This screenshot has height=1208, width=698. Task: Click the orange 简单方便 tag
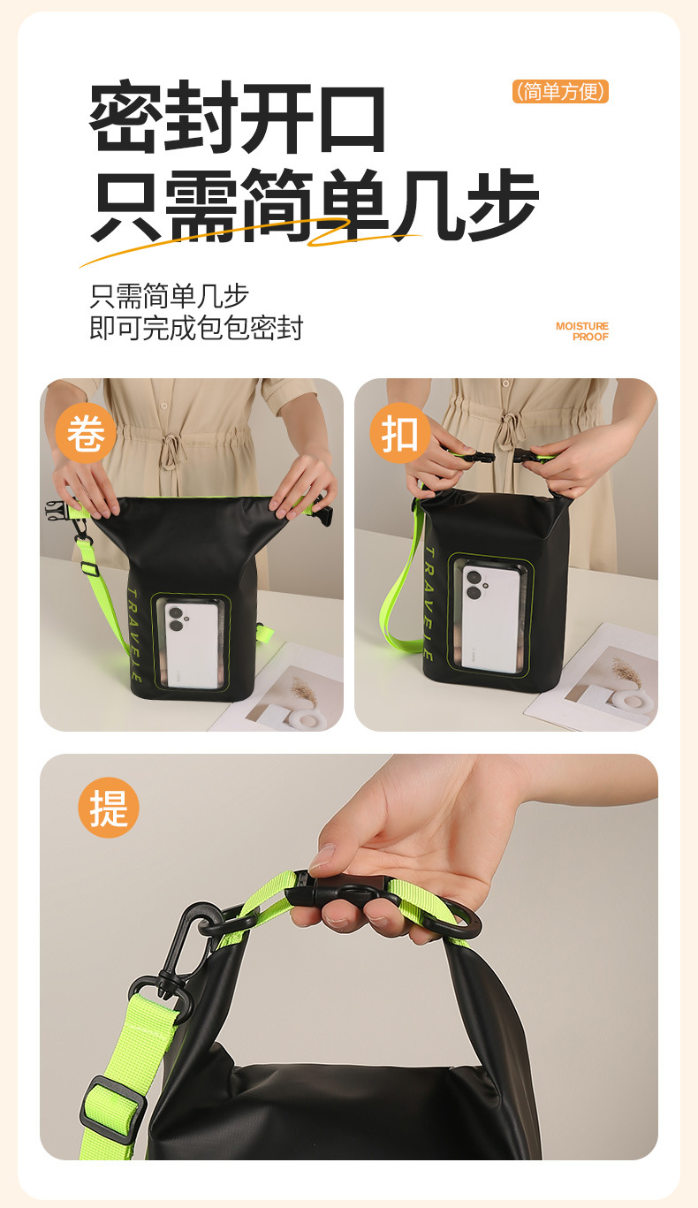[560, 92]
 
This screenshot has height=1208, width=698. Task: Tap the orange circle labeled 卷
[86, 434]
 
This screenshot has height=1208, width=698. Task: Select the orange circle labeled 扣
[400, 434]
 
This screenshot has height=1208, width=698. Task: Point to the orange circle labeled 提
[109, 808]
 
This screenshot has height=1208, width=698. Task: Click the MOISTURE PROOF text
[582, 331]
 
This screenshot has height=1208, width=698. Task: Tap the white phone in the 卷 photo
[192, 645]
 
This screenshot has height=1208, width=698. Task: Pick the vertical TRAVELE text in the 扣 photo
[429, 603]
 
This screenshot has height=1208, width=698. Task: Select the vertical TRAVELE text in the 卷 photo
[134, 635]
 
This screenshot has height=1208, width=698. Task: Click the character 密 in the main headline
[126, 116]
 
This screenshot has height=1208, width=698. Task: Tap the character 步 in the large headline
[503, 205]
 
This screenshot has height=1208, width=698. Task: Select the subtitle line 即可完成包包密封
[196, 328]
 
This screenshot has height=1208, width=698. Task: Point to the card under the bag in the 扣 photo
[593, 678]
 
